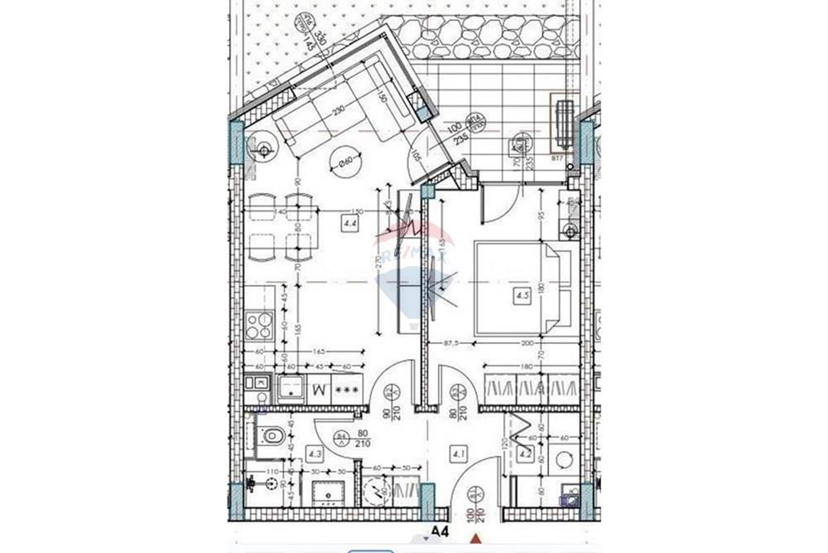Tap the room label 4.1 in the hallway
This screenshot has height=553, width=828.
tap(457, 454)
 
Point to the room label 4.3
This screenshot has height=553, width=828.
tap(314, 454)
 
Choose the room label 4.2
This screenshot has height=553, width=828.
tap(525, 454)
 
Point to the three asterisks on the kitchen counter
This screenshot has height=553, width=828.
tap(345, 388)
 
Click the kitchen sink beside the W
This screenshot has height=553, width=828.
tap(291, 388)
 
